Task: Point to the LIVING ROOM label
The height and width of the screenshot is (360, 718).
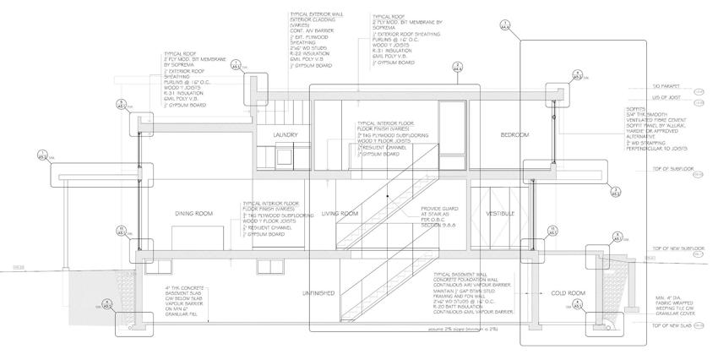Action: tap(341, 214)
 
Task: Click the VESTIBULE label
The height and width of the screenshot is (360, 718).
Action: tap(500, 214)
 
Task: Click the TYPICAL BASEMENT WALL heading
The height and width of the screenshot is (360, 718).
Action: tap(460, 275)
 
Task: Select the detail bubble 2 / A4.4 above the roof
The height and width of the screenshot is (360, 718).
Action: tap(456, 67)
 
